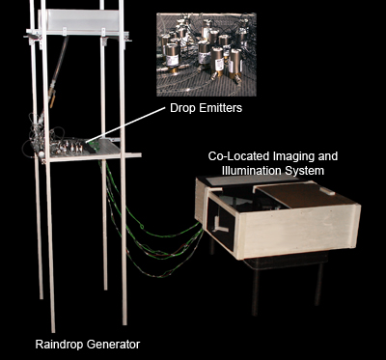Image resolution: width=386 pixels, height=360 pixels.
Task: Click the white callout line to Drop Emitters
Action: [x=125, y=125]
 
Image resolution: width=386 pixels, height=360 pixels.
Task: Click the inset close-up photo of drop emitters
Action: [x=207, y=55]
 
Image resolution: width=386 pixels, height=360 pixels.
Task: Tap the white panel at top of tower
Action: [x=82, y=21]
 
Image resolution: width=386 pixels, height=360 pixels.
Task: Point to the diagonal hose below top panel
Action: [x=58, y=70]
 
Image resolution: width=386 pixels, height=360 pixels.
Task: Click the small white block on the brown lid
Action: [x=327, y=191]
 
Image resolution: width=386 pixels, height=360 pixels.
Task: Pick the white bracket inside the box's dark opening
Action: [x=219, y=224]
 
